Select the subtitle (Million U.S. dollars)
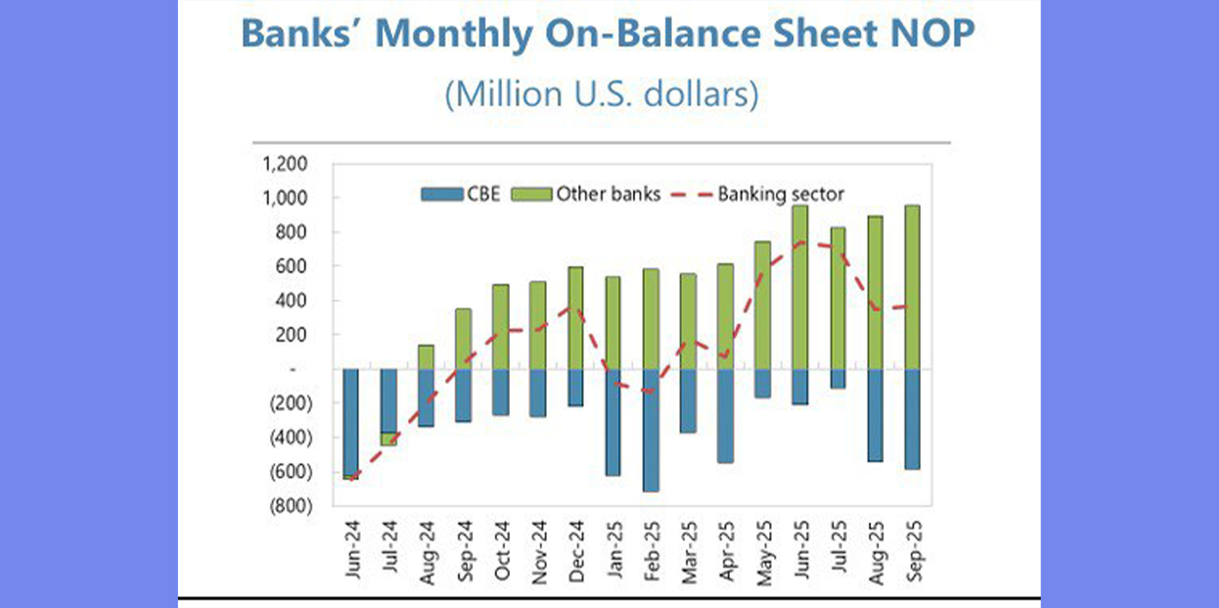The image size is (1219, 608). (601, 94)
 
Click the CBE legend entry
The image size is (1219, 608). (462, 194)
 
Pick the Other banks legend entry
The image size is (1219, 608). (587, 194)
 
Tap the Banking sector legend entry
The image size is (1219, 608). (758, 194)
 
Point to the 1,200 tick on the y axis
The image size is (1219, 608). (285, 163)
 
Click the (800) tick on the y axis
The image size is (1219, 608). (291, 505)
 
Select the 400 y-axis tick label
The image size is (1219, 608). (291, 300)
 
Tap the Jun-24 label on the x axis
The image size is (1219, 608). (352, 549)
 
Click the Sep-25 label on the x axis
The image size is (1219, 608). (914, 550)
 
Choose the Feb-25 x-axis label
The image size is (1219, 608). (651, 550)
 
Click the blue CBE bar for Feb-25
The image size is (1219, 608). (651, 430)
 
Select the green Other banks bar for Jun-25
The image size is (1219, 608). (799, 288)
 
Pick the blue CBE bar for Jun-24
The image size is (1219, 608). (351, 422)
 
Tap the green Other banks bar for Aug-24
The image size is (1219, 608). (426, 357)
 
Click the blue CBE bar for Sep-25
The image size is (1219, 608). (912, 419)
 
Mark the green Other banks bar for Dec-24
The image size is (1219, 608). (576, 318)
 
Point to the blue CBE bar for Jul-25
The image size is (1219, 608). (838, 379)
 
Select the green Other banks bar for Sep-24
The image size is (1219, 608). (464, 339)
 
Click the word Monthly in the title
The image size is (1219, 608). (454, 33)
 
